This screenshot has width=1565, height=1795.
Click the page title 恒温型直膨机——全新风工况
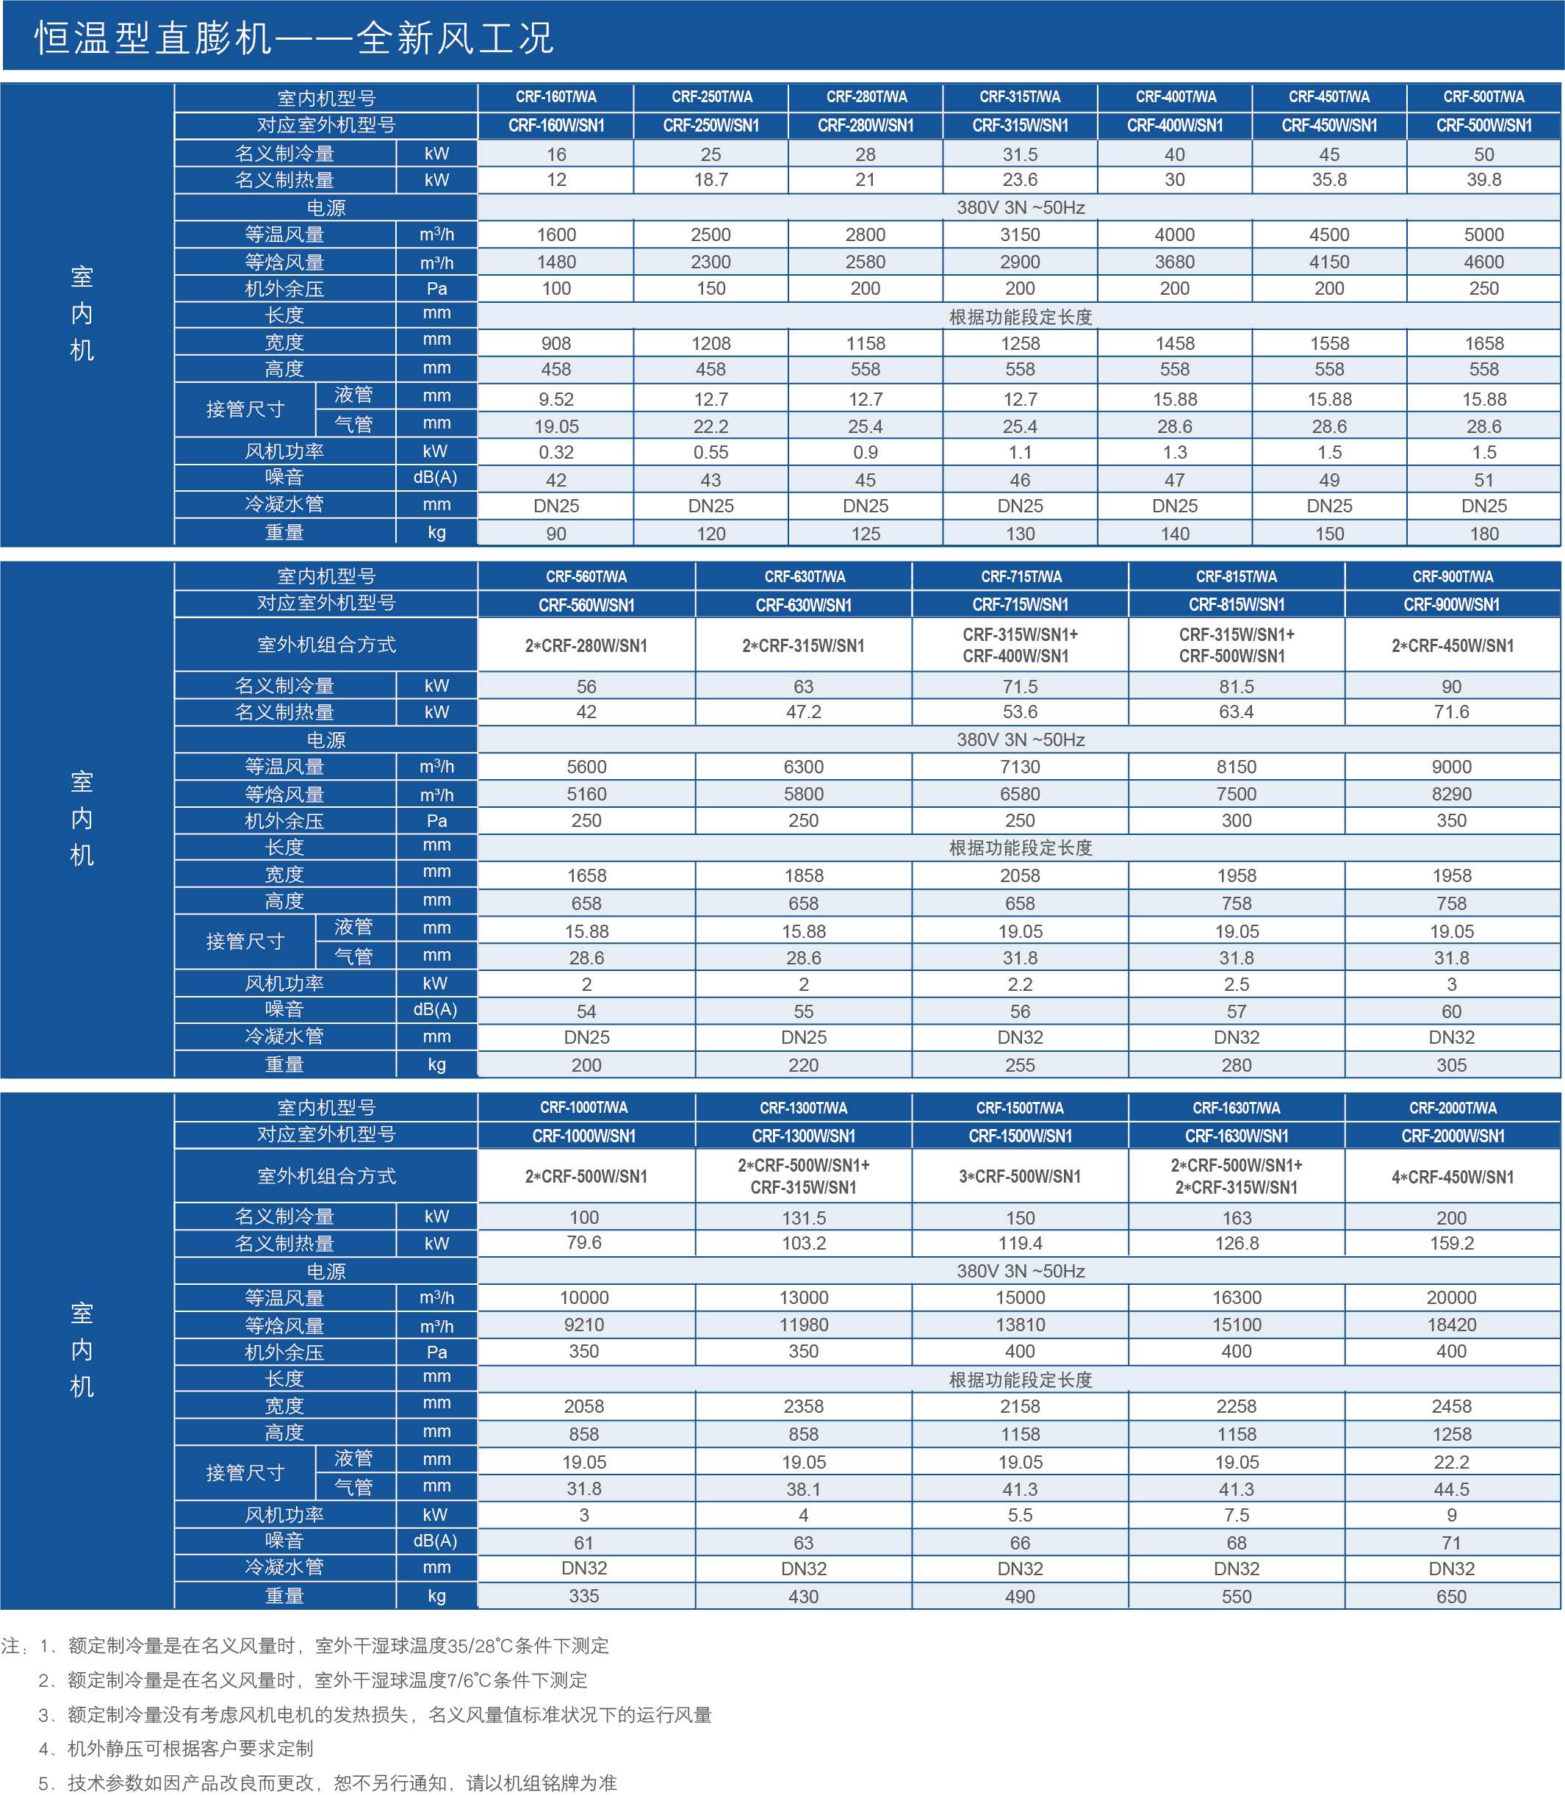pos(293,38)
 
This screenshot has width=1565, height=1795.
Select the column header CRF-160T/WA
pos(555,97)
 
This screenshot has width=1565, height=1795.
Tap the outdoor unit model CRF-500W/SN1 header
pos(1483,126)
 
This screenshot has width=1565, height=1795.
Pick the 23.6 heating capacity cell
pos(1019,180)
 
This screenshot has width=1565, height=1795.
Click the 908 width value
pos(555,343)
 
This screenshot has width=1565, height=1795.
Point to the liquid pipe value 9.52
pos(555,399)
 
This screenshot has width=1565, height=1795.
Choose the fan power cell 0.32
pos(555,453)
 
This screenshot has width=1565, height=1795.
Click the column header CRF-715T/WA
pos(1020,576)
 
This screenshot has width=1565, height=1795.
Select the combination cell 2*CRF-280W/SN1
pos(586,645)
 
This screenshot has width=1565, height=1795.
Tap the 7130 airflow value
pos(1019,767)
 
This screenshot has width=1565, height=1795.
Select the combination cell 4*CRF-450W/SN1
pos(1451,1177)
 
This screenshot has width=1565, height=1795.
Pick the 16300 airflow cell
pos(1236,1298)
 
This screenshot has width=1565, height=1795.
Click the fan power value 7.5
pos(1236,1515)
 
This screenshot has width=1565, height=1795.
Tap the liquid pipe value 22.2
pos(1451,1462)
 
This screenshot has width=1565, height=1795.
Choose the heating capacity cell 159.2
pos(1451,1243)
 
